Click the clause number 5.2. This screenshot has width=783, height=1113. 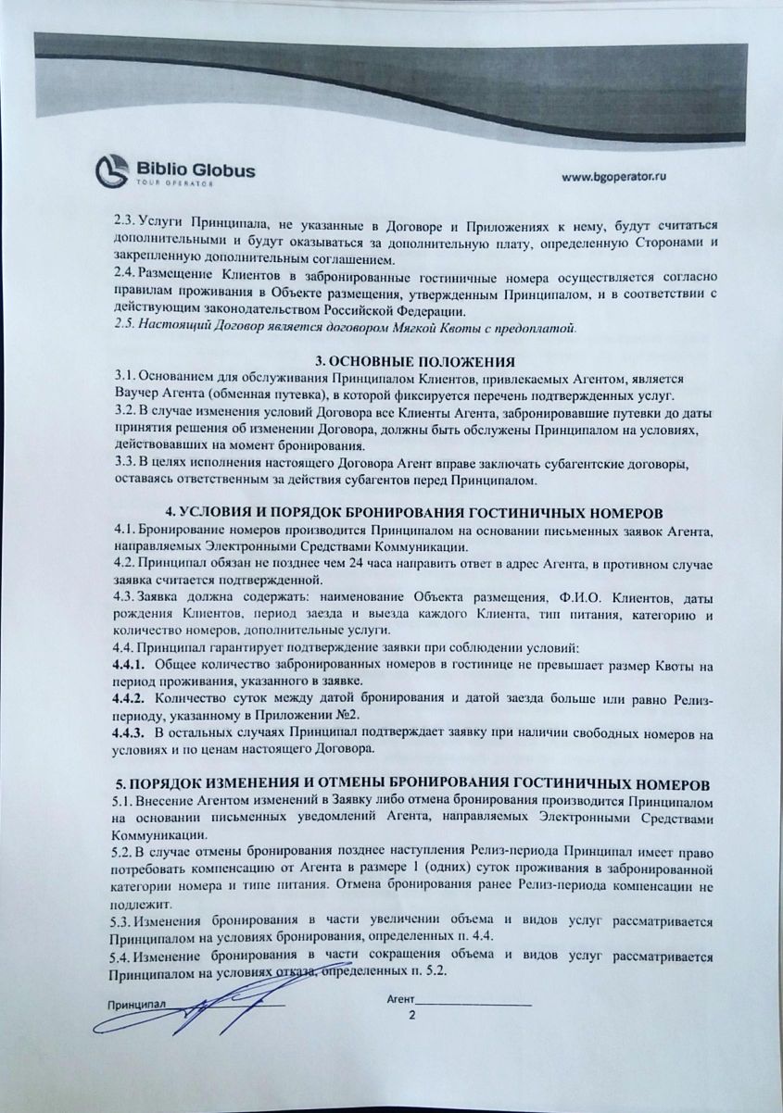click(x=121, y=849)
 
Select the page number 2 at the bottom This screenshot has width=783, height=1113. click(x=412, y=1016)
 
